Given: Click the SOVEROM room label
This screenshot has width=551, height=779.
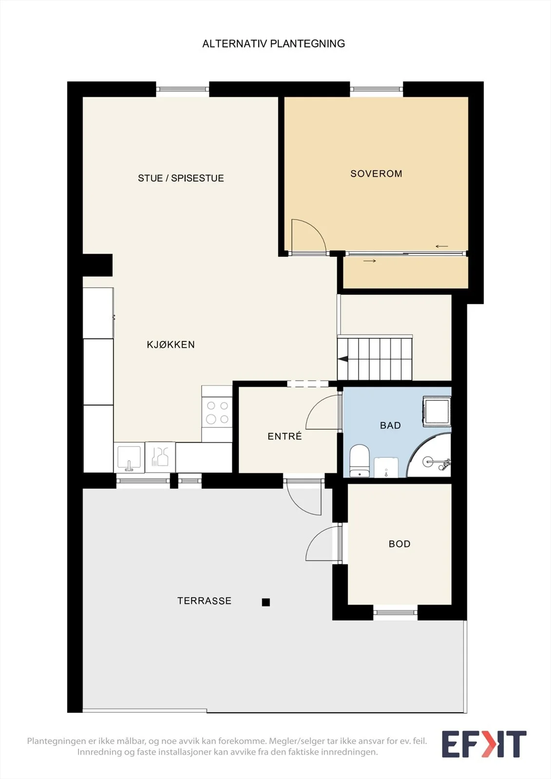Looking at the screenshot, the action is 376,173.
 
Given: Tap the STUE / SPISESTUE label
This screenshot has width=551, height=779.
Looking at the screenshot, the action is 181,178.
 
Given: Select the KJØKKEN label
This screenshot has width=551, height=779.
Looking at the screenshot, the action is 171,344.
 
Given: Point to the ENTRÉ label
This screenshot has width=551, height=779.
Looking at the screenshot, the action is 285,436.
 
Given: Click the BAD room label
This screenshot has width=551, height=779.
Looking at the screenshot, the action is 390,426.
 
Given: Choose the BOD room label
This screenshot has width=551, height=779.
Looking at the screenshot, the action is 399,543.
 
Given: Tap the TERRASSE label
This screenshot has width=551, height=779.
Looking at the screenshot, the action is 204,601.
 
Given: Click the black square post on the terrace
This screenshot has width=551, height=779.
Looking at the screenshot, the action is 266,602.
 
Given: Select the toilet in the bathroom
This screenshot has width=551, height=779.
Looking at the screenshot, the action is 359,461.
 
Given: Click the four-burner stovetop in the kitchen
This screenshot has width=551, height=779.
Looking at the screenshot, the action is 217,413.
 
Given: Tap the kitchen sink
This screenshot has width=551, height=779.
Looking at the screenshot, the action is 129,457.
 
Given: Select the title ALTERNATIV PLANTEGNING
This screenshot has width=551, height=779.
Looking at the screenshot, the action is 274,43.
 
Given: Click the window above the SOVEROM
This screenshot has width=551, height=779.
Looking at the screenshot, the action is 376,90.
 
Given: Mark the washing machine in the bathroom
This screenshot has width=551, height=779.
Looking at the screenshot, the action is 437,411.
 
